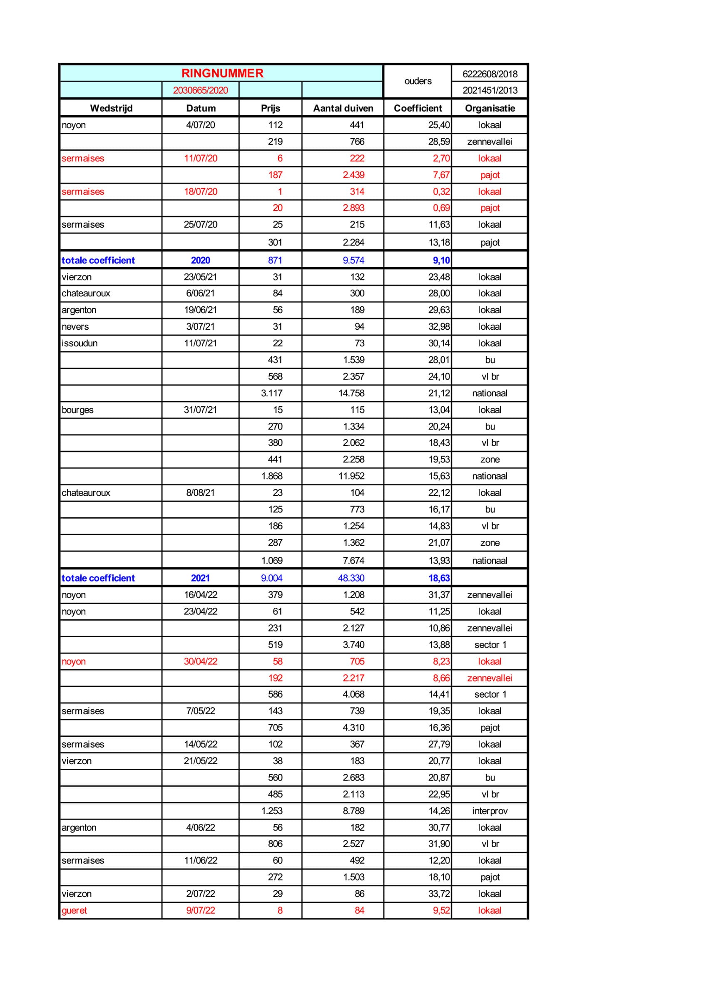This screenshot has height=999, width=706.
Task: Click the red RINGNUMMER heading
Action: pos(222,73)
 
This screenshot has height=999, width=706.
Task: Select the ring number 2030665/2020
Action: pos(200,90)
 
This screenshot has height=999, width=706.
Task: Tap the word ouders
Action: pos(418,81)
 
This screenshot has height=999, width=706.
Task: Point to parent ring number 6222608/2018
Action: pos(490,74)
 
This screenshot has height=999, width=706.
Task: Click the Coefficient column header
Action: pos(418,108)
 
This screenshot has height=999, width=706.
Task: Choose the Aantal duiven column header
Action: pos(343,108)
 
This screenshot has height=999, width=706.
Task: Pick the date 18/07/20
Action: pos(200,191)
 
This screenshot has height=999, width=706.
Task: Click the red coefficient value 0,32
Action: pos(441,191)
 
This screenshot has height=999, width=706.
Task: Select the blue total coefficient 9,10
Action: pos(441,260)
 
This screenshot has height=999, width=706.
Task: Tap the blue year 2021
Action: pos(200,578)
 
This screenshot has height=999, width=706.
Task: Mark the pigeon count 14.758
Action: pos(351,393)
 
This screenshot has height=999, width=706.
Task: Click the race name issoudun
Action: pos(80,343)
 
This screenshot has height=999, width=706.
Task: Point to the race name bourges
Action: pos(77,410)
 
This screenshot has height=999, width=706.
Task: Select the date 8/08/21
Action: pos(200,492)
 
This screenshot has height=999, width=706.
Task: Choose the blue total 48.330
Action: pos(351,578)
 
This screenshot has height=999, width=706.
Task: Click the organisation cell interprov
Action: pos(490,810)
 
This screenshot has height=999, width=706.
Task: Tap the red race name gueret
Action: pos(75,910)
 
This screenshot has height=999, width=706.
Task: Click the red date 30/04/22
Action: pos(200,661)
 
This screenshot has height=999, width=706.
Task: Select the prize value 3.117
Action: pos(271,393)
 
